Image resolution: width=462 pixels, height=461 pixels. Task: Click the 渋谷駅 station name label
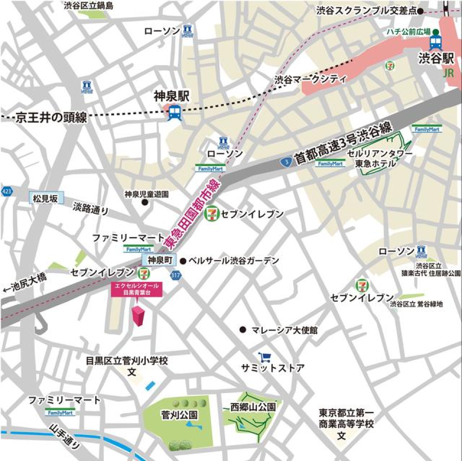pos(436,60)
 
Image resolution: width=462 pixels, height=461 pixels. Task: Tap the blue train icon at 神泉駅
pos(174,113)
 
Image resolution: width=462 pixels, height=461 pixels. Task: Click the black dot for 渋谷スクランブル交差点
pos(420,11)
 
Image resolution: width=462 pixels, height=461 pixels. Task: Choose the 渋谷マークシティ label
pos(310,80)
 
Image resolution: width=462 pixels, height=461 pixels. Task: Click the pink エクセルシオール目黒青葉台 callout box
pos(138,290)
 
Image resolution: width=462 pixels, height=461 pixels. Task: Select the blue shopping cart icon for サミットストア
pos(265,357)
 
